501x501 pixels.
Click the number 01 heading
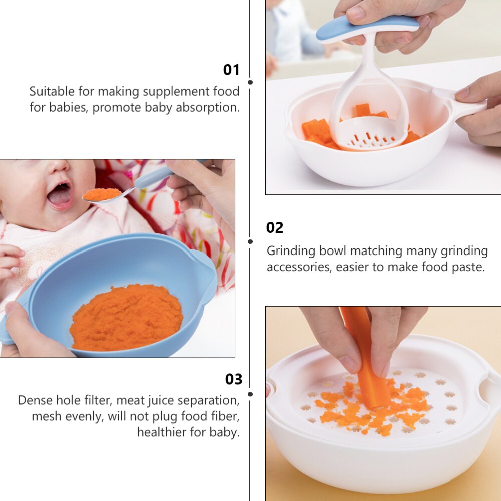coord(231,70)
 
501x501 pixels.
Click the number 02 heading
coord(275,228)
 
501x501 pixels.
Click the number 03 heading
coord(234,379)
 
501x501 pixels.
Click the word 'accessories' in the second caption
coord(299,267)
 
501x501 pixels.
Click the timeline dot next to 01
coord(250,82)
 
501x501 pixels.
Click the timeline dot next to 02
coord(250,242)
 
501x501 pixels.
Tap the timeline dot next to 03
coord(250,394)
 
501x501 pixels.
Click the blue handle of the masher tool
coord(367,27)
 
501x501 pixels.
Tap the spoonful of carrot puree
coord(102,194)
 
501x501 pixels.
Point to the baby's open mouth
coord(60,195)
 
